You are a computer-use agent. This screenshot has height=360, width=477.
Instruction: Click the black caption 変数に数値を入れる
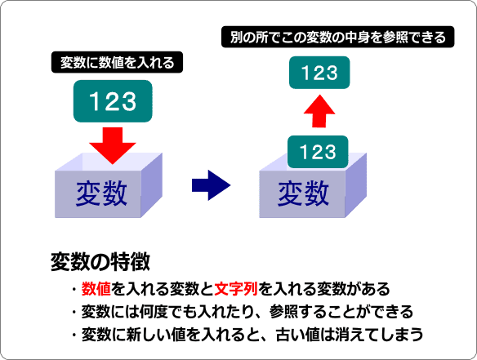pyautogui.click(x=117, y=62)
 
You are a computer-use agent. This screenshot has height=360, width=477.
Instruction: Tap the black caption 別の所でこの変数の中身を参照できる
pyautogui.click(x=337, y=37)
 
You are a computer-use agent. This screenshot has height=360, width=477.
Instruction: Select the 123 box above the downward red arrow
pyautogui.click(x=113, y=101)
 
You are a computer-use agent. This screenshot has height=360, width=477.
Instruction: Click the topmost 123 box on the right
pyautogui.click(x=319, y=73)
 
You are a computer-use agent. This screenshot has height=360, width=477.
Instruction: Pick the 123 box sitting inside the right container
pyautogui.click(x=318, y=152)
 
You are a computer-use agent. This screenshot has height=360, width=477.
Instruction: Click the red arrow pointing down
pyautogui.click(x=113, y=145)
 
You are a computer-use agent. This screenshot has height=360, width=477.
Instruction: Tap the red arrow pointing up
pyautogui.click(x=319, y=111)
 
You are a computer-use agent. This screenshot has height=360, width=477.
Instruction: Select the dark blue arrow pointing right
pyautogui.click(x=211, y=185)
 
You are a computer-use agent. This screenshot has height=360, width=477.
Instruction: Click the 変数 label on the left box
pyautogui.click(x=101, y=193)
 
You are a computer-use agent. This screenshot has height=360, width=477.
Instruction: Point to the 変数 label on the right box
pyautogui.click(x=303, y=193)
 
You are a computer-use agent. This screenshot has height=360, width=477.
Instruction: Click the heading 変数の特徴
pyautogui.click(x=100, y=262)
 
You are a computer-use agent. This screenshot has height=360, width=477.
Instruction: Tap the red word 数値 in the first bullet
pyautogui.click(x=96, y=289)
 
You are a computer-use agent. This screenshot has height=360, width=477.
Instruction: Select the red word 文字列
pyautogui.click(x=236, y=289)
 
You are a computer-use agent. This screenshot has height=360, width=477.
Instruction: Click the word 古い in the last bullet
pyautogui.click(x=291, y=335)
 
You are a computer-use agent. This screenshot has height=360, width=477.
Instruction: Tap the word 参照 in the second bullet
pyautogui.click(x=283, y=312)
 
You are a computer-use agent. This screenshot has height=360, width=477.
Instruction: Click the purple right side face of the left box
pyautogui.click(x=151, y=185)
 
